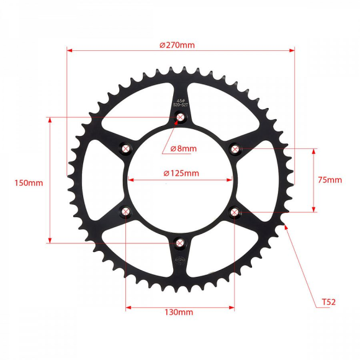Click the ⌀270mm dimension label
pos(177,45)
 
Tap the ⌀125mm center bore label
pos(181,173)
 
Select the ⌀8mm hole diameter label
pos(182,148)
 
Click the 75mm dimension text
pos(329,180)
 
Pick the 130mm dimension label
pos(179,312)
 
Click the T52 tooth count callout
pos(328,302)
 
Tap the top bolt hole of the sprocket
pos(181,117)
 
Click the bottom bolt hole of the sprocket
pos(180,243)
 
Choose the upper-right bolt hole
pos(235,148)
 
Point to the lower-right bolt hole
pos(235,212)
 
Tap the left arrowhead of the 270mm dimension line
pos(69,50)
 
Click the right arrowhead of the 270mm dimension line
pos(292,50)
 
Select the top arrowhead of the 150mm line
pos(50,119)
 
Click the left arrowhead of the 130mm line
pos(128,305)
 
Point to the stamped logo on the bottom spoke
pos(181,260)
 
